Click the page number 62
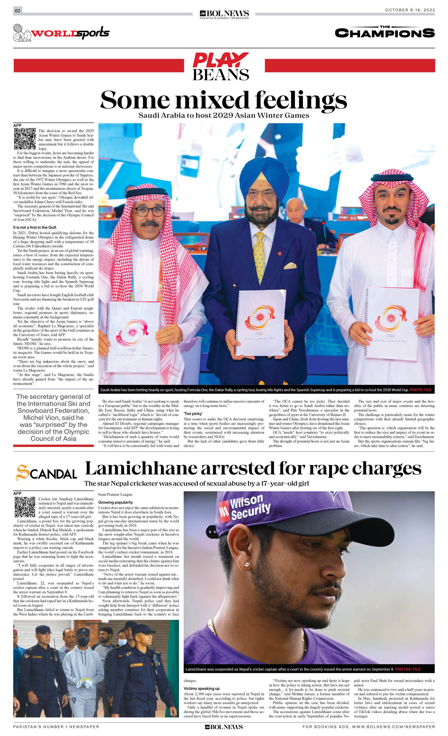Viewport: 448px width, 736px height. [x=18, y=11]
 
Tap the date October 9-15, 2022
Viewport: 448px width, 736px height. [x=410, y=10]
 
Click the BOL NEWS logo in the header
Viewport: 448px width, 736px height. [x=224, y=14]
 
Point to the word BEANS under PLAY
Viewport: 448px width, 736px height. [x=221, y=75]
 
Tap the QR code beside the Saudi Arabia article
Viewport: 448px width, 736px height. [x=25, y=139]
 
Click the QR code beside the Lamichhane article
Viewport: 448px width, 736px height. [x=25, y=506]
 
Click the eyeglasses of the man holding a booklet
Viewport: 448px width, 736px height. [x=149, y=211]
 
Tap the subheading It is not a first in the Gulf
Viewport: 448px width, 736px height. [x=34, y=227]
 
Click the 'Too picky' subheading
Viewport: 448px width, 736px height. [x=193, y=414]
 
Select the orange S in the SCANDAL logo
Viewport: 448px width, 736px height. [x=23, y=473]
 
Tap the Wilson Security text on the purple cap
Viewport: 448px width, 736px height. [x=250, y=508]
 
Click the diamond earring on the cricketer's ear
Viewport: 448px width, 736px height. [x=247, y=564]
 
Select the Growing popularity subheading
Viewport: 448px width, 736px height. [x=116, y=502]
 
